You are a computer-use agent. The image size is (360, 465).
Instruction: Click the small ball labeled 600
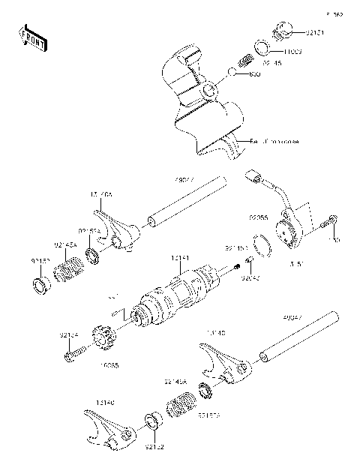click(x=233, y=72)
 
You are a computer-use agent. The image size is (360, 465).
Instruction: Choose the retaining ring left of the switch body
click(x=262, y=246)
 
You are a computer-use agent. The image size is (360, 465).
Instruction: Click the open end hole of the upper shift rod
click(x=151, y=220)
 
